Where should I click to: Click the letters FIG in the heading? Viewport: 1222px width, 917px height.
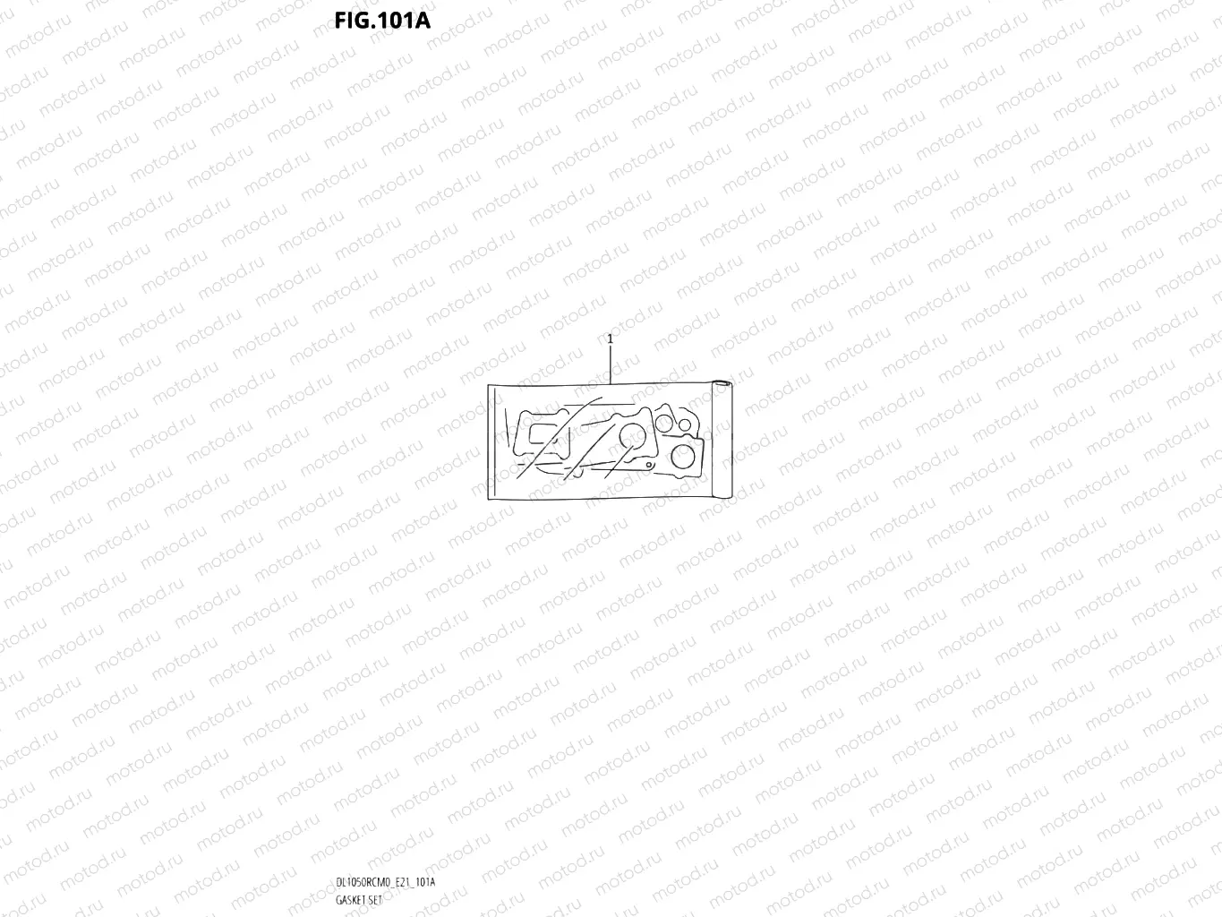(x=350, y=21)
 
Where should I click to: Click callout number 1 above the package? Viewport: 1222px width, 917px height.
(x=611, y=339)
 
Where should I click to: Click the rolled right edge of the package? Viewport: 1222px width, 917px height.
(x=722, y=440)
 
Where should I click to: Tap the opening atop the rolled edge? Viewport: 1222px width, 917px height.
(x=722, y=383)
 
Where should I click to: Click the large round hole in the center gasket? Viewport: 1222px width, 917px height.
(x=632, y=436)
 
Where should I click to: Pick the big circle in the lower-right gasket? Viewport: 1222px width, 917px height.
(x=682, y=457)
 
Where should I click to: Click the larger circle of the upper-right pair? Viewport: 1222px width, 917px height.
(x=663, y=424)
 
